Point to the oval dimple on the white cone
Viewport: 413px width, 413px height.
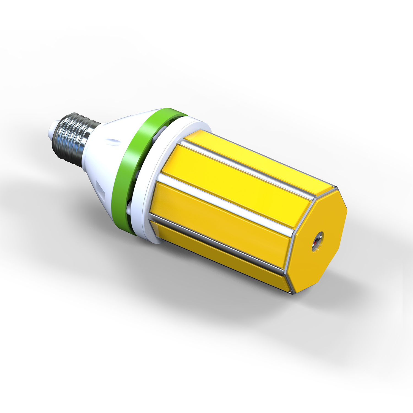[113, 141]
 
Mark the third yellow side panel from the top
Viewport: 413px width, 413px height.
[220, 218]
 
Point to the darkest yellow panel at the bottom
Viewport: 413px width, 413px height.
[220, 253]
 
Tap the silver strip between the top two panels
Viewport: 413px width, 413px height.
[248, 168]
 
